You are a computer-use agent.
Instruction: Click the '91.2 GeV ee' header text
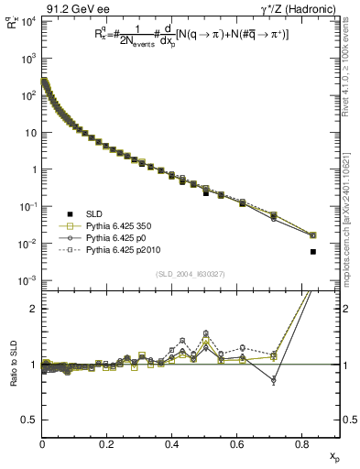point(72,9)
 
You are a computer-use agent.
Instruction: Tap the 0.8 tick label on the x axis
point(302,445)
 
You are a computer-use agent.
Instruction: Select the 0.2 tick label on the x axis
point(107,445)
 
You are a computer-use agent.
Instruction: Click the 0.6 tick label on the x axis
point(237,445)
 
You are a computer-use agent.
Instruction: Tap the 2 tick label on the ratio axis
point(33,309)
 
